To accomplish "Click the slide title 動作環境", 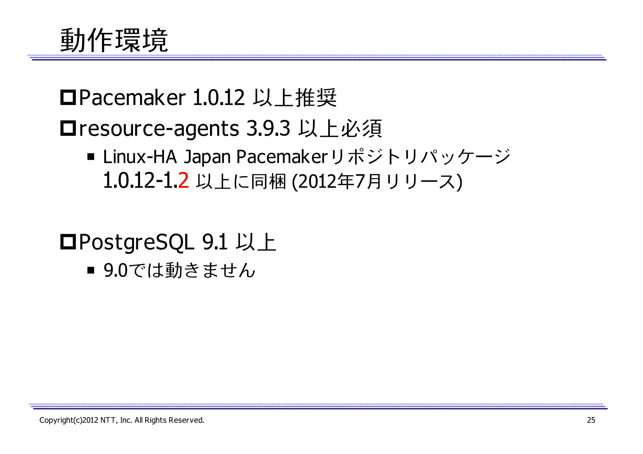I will pos(114,40).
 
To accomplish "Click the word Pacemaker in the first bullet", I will pos(132,98).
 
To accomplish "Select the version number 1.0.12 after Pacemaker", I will pos(219,98).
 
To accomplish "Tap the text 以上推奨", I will pos(295,98).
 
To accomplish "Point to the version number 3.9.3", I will pos(268,128).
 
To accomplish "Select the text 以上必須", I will pos(340,129).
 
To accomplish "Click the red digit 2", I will pos(183,181).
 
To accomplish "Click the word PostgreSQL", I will pos(137,243).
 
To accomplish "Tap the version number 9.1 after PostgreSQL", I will pos(215,242).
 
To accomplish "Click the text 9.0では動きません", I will pos(179,270).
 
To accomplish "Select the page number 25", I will pos(591,420).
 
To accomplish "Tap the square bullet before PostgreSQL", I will pos(68,242).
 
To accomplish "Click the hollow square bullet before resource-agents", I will pos(68,128).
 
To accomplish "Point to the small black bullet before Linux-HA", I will pos(91,157).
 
